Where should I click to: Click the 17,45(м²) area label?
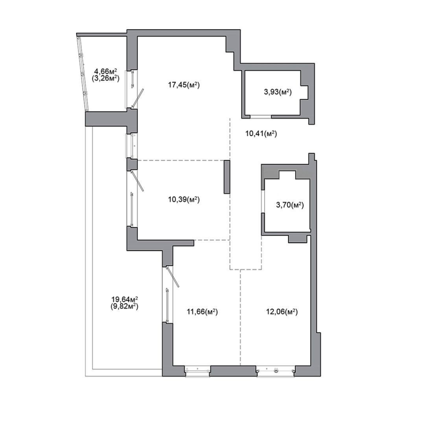pos(184,85)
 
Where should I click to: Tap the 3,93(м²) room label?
pos(278,92)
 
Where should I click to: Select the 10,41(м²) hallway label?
pos(261,133)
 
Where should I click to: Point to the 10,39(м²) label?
pos(184,200)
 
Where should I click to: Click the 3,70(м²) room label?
pos(290,205)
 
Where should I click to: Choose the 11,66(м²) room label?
pos(202,312)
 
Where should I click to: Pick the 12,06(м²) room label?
pos(282,312)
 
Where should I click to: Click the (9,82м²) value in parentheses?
pos(125,306)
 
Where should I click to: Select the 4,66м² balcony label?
pos(106,71)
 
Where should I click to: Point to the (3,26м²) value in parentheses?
pos(106,78)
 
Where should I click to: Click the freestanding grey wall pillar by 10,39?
pos(227,177)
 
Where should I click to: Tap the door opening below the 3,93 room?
pos(261,116)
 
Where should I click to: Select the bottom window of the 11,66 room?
pos(198,371)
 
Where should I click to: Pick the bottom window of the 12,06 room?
pos(275,371)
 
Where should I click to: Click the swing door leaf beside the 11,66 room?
pos(173,277)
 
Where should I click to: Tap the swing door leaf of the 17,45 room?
pos(137,99)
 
